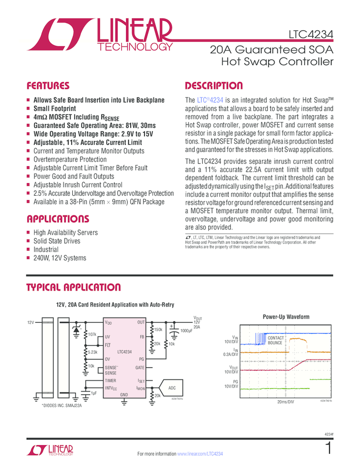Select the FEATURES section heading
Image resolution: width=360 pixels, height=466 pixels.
click(x=48, y=86)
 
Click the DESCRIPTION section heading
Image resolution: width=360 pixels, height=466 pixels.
click(x=214, y=86)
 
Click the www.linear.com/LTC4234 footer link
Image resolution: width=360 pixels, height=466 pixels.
click(x=200, y=454)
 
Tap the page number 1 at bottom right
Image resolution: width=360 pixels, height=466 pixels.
click(x=328, y=449)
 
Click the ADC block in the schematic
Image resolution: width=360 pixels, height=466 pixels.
click(x=172, y=388)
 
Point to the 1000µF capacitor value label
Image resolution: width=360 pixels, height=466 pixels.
click(x=186, y=331)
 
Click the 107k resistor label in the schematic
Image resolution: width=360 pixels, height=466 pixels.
click(x=92, y=334)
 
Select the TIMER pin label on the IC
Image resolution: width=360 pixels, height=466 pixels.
click(x=111, y=380)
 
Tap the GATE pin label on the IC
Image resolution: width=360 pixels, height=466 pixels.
click(x=140, y=367)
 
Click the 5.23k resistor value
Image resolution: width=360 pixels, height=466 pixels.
click(x=93, y=353)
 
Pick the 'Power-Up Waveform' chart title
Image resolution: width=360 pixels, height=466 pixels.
click(x=285, y=317)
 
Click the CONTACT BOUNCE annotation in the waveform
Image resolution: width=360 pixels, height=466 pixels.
click(x=275, y=340)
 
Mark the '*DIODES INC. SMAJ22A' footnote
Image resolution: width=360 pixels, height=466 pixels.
click(x=62, y=405)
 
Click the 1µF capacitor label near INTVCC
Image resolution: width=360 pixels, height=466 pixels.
click(x=94, y=393)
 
